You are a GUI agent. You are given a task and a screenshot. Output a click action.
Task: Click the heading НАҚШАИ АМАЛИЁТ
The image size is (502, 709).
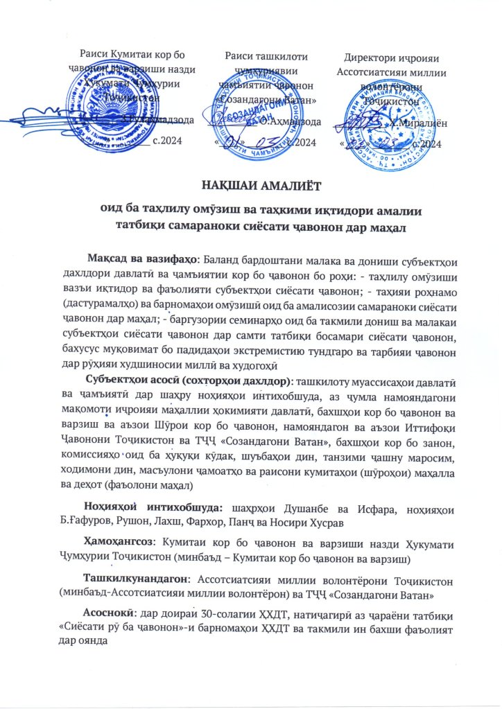click(250, 185)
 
